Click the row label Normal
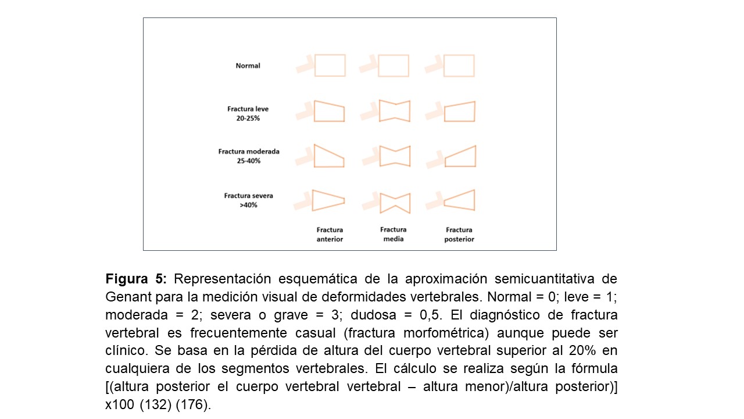(x=248, y=66)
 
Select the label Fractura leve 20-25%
(x=248, y=113)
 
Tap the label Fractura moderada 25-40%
(x=249, y=156)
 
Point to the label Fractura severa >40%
(x=248, y=200)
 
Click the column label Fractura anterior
(x=330, y=235)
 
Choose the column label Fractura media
(x=394, y=234)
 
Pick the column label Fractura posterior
(x=459, y=235)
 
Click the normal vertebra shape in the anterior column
(x=330, y=65)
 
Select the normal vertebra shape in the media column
(x=394, y=66)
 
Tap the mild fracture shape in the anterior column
(x=329, y=111)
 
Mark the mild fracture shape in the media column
(x=394, y=111)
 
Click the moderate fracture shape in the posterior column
(x=460, y=156)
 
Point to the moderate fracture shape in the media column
(x=394, y=156)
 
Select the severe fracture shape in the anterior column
(x=328, y=200)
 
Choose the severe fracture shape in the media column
(x=395, y=202)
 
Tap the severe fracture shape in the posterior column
(x=460, y=200)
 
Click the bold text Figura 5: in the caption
(x=136, y=278)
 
